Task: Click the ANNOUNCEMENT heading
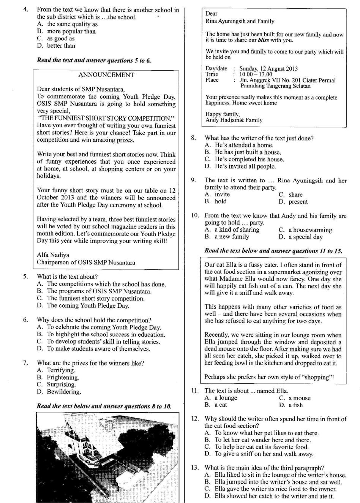click(106, 75)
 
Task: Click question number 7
click(25, 363)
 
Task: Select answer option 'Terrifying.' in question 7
click(61, 370)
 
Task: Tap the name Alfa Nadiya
click(53, 255)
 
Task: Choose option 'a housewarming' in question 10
click(310, 230)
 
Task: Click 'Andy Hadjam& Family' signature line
click(234, 120)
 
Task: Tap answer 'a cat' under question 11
click(221, 405)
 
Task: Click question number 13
click(195, 468)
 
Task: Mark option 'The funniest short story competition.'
click(96, 299)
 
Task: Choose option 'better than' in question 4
click(61, 46)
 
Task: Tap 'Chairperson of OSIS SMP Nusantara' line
click(86, 263)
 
